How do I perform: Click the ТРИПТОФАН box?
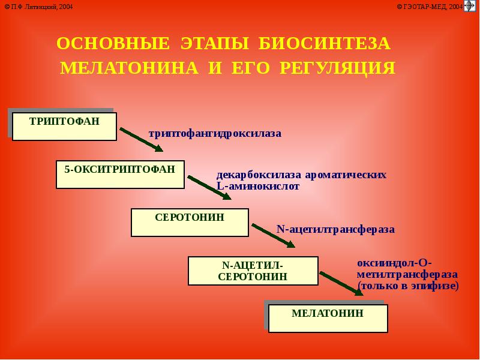pos(64,126)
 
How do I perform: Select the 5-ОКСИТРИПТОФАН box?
pos(120,175)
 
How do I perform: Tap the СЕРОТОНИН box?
pos(190,222)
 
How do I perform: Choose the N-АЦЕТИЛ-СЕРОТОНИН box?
pos(253,271)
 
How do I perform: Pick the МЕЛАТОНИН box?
pos(328,318)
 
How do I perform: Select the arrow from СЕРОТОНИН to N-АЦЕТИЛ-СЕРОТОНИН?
pos(273,235)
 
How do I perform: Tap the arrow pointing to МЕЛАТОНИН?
pos(341,283)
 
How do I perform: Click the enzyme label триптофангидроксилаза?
pos(215,133)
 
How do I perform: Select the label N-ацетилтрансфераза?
pos(335,229)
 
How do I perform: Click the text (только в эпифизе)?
pos(407,286)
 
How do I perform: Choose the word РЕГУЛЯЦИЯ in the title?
pos(338,68)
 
